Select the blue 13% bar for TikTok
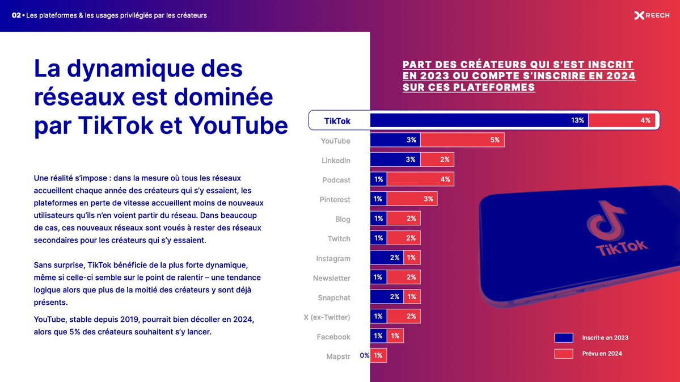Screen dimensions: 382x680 pyautogui.click(x=479, y=120)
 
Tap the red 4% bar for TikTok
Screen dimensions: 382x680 pyautogui.click(x=622, y=120)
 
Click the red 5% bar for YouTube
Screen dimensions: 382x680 pyautogui.click(x=462, y=140)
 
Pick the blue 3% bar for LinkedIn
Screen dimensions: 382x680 pyautogui.click(x=395, y=160)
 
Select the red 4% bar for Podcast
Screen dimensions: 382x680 pyautogui.click(x=420, y=179)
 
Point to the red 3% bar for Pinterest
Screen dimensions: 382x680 pyautogui.click(x=412, y=199)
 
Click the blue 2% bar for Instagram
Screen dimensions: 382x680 pyautogui.click(x=387, y=258)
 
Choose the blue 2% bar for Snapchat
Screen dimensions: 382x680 pyautogui.click(x=387, y=297)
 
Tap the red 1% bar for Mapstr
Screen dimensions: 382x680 pyautogui.click(x=378, y=356)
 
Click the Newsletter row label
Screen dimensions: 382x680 pyautogui.click(x=331, y=278)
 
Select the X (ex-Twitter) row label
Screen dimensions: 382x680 pyautogui.click(x=327, y=317)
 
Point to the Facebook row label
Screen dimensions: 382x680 pyautogui.click(x=333, y=337)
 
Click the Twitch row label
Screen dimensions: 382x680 pyautogui.click(x=339, y=239)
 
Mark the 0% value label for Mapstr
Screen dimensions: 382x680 pyautogui.click(x=364, y=356)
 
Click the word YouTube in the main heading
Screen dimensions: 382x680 pyautogui.click(x=238, y=125)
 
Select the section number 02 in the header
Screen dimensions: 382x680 pyautogui.click(x=16, y=15)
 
